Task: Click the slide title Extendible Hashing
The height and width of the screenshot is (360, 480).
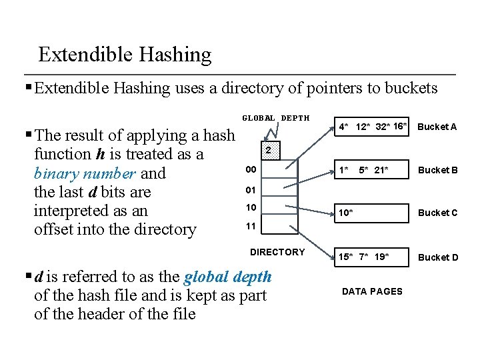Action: tap(125, 55)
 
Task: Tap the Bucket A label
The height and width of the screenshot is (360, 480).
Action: tap(437, 127)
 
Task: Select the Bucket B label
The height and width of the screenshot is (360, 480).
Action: tap(437, 170)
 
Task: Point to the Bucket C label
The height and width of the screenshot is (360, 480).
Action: tap(437, 213)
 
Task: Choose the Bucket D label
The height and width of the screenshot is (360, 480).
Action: tap(437, 257)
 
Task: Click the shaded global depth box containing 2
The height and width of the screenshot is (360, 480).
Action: tap(267, 151)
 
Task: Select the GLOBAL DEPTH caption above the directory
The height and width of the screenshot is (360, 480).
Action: tap(275, 118)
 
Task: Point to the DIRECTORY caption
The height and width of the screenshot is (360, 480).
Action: tap(277, 252)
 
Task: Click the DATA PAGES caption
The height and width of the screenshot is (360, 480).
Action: tap(372, 291)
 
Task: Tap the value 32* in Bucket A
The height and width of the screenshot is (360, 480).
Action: tap(383, 127)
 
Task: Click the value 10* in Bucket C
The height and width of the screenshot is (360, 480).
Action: tap(346, 213)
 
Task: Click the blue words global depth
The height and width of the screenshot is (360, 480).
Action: tap(227, 277)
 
